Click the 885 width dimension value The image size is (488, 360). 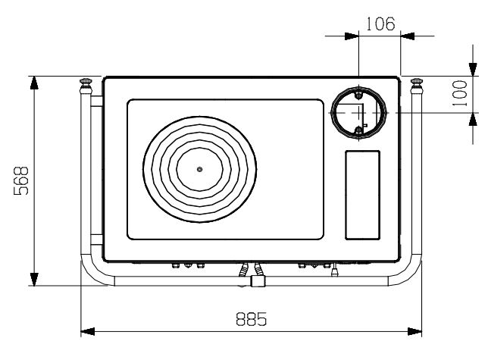252,318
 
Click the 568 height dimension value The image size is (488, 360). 21,181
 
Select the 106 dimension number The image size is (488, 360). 380,24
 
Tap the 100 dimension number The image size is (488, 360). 460,93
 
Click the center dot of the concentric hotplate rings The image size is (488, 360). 200,169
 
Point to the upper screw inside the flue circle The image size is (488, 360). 359,95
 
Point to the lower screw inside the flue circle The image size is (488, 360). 359,130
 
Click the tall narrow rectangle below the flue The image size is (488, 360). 362,195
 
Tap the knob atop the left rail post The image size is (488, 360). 86,82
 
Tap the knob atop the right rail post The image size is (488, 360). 417,82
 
